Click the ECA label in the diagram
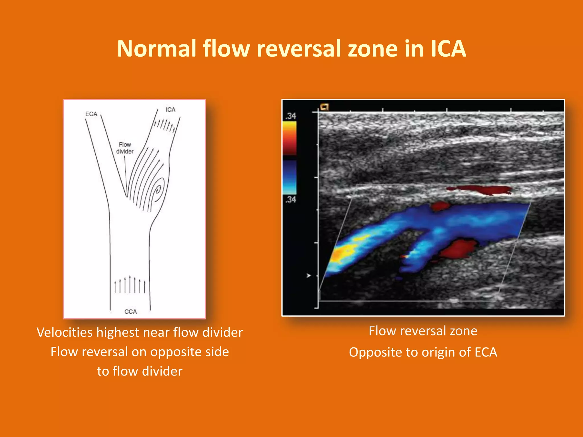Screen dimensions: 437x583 (x=91, y=114)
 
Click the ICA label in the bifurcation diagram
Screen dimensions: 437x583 (x=171, y=110)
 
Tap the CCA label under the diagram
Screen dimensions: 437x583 (x=130, y=312)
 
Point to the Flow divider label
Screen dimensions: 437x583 (x=125, y=148)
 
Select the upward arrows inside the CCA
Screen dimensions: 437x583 (x=130, y=285)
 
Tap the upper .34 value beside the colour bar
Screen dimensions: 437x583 (x=291, y=116)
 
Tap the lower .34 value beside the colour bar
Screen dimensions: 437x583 (x=291, y=199)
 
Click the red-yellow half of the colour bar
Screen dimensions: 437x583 (x=289, y=138)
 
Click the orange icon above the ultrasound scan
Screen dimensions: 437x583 (x=325, y=107)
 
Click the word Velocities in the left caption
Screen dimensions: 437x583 (x=64, y=332)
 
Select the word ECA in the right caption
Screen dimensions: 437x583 (x=486, y=352)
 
